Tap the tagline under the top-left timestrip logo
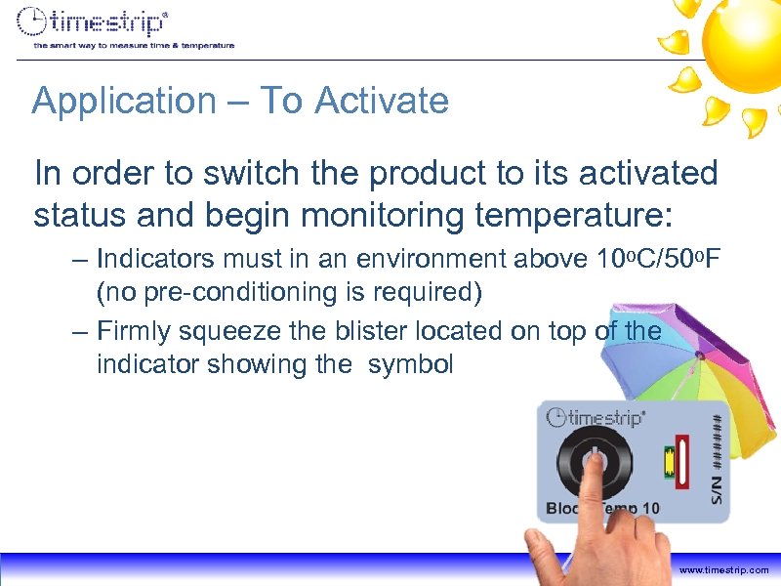click(134, 46)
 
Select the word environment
click(419, 260)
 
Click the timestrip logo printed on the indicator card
click(596, 417)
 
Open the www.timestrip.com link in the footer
click(722, 570)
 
